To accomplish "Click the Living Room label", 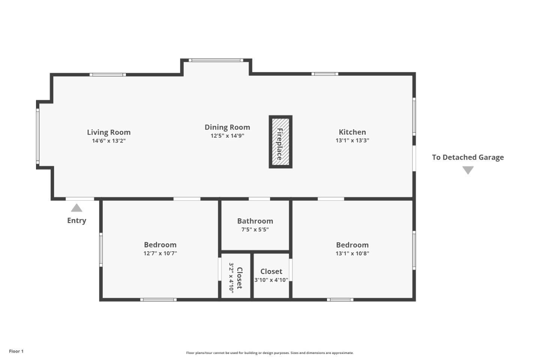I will coord(109,132).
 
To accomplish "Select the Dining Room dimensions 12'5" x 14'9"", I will coord(227,136).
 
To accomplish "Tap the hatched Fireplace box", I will coord(280,142).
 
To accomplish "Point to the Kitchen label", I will coord(352,132).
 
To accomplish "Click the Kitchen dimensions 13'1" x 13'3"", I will coord(352,141).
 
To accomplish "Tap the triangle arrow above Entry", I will coord(76,208).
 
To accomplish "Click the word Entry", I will coord(76,220).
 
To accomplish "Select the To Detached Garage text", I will coord(468,157).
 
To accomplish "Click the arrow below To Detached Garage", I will coord(468,170).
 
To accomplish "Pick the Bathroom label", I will coord(255,221).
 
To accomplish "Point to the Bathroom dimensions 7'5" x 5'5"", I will coord(255,229).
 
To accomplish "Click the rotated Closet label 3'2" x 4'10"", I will coord(235,278).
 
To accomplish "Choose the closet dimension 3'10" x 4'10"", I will coord(271,280).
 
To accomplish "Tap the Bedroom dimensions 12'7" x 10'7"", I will coord(160,253).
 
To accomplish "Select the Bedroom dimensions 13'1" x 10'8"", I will coord(352,253).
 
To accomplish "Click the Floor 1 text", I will coord(16,351).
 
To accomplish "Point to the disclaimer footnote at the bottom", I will coord(270,353).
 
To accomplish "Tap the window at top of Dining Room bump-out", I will coord(216,60).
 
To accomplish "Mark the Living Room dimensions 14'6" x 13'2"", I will coord(109,141).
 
